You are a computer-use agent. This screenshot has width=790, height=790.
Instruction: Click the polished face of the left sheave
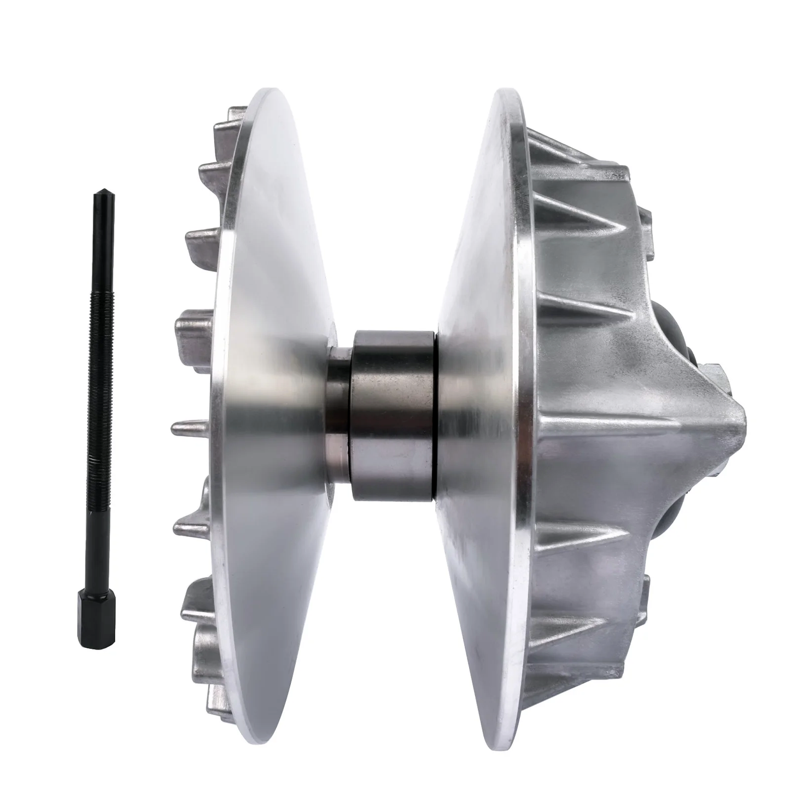(273, 355)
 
